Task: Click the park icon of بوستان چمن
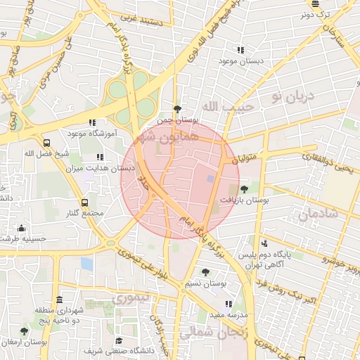[176, 109]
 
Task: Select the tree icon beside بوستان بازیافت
[244, 189]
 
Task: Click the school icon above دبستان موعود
[240, 51]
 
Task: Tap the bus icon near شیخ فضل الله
[46, 141]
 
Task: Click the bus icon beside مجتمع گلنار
[84, 202]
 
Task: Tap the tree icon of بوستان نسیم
[205, 272]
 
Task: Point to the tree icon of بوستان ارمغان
[24, 331]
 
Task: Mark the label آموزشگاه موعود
[92, 133]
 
